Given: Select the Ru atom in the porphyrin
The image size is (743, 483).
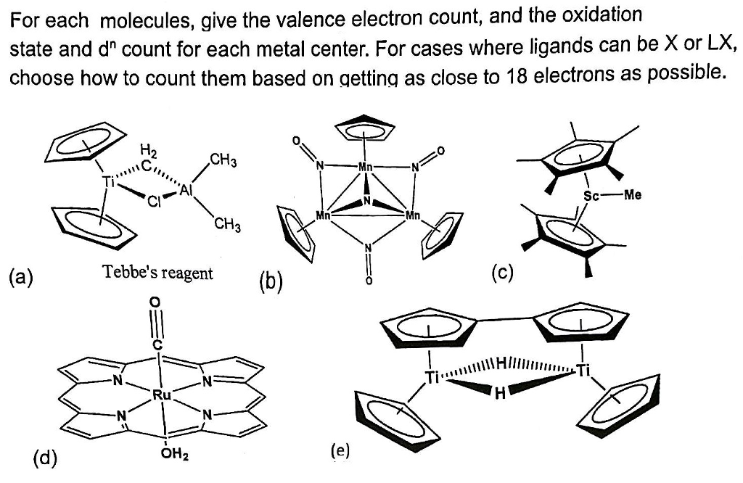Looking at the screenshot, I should (161, 394).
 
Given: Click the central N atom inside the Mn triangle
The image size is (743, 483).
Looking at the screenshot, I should (367, 201).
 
